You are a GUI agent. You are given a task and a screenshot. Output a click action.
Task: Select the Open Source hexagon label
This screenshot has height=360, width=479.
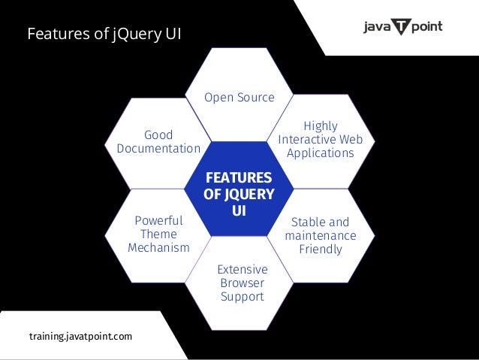pyautogui.click(x=240, y=98)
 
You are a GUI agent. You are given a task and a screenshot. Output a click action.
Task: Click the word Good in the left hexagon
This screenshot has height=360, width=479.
pyautogui.click(x=158, y=135)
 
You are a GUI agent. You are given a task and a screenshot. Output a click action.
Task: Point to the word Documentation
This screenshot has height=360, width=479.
pyautogui.click(x=158, y=148)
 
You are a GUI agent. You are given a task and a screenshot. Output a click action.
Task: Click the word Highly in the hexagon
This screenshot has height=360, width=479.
pyautogui.click(x=321, y=126)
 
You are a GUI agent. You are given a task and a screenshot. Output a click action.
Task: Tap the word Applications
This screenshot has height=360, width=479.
pyautogui.click(x=320, y=153)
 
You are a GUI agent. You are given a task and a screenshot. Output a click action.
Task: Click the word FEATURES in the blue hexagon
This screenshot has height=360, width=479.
pyautogui.click(x=239, y=178)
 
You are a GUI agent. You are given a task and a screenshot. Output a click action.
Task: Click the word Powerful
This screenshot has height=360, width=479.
pyautogui.click(x=158, y=220)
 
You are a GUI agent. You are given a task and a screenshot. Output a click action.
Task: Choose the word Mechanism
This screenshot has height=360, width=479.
pyautogui.click(x=158, y=248)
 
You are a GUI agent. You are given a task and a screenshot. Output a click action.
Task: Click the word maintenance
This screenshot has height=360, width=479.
pyautogui.click(x=321, y=235)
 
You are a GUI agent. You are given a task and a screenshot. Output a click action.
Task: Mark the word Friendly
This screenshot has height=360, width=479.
pyautogui.click(x=321, y=249)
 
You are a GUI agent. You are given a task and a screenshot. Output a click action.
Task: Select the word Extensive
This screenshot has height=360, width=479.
pyautogui.click(x=242, y=269)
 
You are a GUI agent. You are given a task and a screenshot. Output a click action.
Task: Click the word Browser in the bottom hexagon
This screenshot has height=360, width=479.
pyautogui.click(x=242, y=283)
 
